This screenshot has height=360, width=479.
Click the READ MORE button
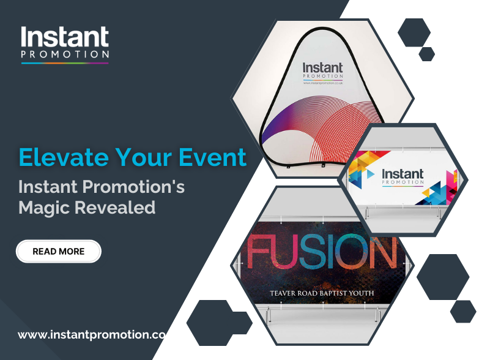59,251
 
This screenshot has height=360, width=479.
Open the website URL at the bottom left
92,335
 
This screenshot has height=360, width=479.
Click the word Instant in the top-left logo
65,38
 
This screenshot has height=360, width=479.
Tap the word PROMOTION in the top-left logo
65,54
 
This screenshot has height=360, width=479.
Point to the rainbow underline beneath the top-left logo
65,62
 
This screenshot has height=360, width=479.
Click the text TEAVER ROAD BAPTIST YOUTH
322,293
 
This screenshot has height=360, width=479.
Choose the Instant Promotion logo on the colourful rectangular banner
402,176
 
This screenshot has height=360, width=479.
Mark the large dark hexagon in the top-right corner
414,32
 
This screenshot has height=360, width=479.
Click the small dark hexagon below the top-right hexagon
426,54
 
